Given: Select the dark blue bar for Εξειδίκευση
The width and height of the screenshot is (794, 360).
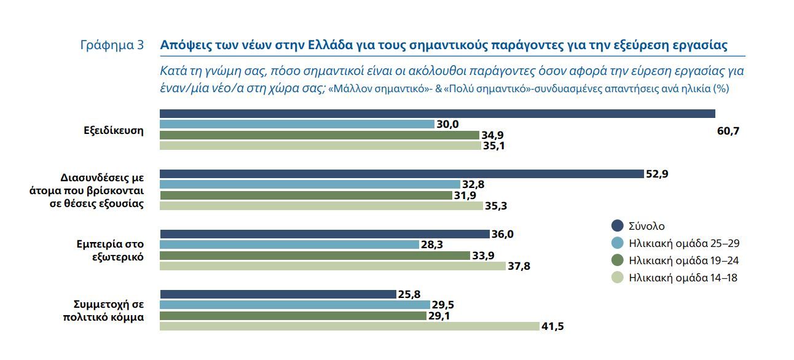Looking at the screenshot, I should [437, 114].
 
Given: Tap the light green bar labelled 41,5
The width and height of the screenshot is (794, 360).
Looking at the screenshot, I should [349, 326].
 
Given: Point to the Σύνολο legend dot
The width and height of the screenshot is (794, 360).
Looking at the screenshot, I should [618, 225].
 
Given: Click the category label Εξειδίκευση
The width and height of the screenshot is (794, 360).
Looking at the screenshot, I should [114, 130].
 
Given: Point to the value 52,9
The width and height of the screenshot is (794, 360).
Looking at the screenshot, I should [657, 174].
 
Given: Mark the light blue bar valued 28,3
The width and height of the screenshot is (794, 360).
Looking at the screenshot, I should [289, 245].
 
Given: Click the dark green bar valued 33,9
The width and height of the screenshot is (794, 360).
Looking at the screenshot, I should [316, 256].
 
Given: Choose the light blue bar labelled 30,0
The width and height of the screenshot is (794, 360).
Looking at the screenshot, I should [297, 124].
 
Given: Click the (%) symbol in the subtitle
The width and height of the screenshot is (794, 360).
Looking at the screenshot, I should [720, 88].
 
